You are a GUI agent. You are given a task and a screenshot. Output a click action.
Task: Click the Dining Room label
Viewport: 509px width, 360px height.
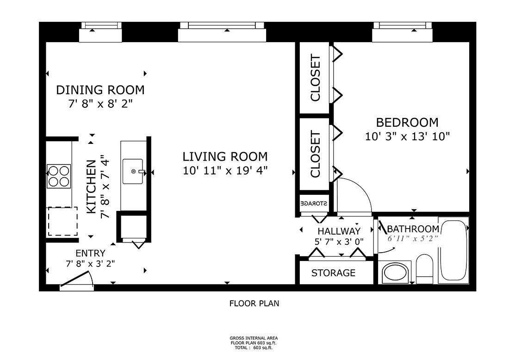point(100,89)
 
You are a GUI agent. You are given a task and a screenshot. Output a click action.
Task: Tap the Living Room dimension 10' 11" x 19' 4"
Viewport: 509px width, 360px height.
point(225,171)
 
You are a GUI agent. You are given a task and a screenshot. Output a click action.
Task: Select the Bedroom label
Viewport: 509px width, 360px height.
point(407,123)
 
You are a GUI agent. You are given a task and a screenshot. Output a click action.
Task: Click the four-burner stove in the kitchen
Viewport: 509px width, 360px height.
point(59,176)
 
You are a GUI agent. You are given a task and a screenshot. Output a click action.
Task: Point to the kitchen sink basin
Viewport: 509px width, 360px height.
point(133,171)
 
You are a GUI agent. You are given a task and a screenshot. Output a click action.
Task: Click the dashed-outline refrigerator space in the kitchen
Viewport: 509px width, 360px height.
point(62,222)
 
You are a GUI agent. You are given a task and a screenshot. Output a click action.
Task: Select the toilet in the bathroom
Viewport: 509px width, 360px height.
point(424,269)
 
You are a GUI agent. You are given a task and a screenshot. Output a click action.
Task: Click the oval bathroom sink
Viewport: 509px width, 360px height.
point(396,273)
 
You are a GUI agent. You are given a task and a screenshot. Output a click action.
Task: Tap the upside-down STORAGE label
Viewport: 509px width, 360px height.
point(314,203)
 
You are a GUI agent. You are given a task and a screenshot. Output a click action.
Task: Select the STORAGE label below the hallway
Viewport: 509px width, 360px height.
point(333,273)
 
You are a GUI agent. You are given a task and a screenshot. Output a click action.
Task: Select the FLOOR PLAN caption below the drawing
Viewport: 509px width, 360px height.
point(254,304)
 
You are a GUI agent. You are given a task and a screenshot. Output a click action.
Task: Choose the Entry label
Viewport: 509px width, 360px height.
point(90,253)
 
